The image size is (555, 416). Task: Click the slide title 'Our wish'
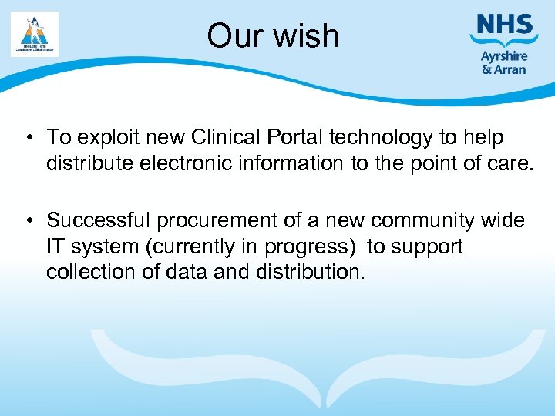coord(273,35)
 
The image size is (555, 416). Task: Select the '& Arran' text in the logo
coord(504,69)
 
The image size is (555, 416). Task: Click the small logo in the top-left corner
coord(35,34)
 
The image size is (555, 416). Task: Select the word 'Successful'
coord(98,220)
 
